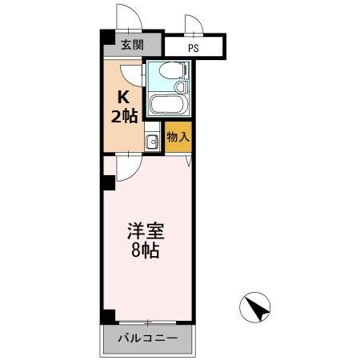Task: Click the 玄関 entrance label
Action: pos(132,46)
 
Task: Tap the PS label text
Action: pos(193,47)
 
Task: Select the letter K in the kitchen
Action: pos(123,98)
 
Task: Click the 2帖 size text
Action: pos(124,115)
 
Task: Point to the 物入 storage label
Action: pos(178,137)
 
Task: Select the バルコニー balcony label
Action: pos(148,338)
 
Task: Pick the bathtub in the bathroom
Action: pos(169,104)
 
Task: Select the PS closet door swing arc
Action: pos(195,25)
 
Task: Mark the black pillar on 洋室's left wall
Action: pos(107,183)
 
